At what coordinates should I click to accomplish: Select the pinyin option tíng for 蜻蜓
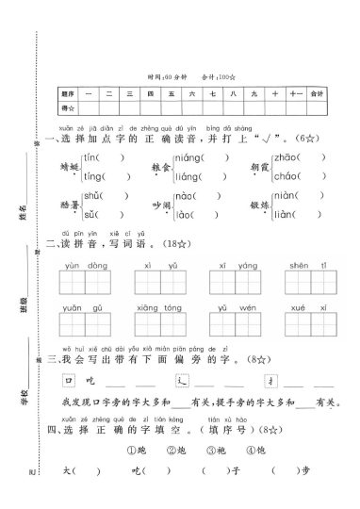coord(93,175)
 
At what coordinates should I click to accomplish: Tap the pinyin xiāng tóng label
coord(155,308)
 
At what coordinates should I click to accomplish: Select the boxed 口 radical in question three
coord(67,381)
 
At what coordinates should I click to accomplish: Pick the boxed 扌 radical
coord(271,381)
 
